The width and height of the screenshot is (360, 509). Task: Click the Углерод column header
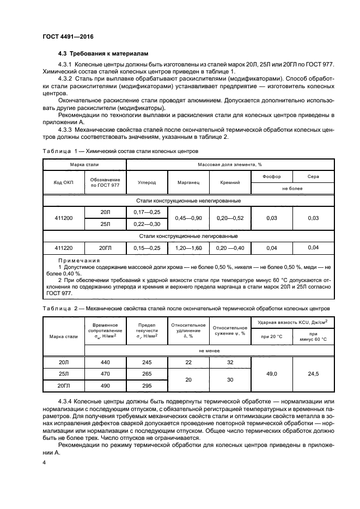coord(147,183)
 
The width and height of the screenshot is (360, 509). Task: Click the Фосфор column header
coord(271,176)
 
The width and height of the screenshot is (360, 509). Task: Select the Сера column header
coord(313,176)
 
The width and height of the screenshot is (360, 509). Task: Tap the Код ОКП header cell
coord(63,183)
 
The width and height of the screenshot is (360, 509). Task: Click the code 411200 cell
coord(63,218)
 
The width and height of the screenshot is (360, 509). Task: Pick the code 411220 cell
coord(63,248)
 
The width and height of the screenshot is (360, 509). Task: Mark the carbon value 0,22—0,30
coord(147,224)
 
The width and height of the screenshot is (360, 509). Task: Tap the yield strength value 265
coord(147,374)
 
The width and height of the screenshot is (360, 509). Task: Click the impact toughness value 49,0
coord(271,374)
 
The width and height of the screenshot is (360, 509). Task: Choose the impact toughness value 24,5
coord(313,374)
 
